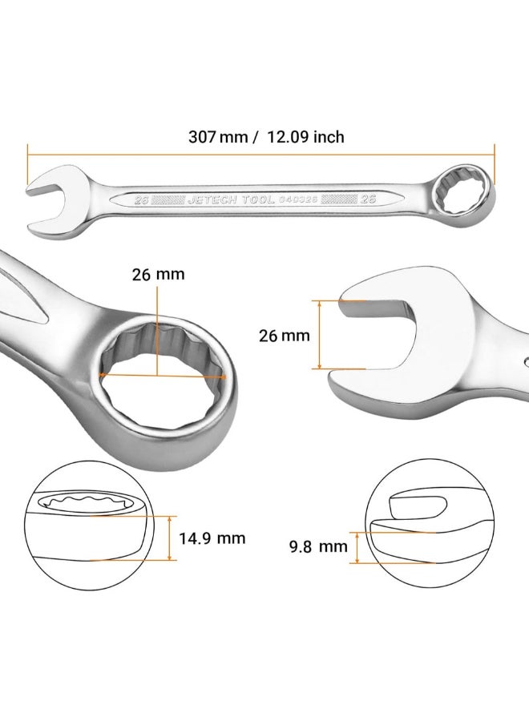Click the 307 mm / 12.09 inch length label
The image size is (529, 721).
266,136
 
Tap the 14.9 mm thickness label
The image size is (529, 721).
212,538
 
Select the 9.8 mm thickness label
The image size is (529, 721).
318,546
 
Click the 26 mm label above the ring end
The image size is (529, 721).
158,275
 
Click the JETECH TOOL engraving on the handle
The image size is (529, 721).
231,199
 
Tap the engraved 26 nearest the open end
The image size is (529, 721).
141,199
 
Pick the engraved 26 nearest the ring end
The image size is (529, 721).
368,199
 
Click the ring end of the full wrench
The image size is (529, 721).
465,194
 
